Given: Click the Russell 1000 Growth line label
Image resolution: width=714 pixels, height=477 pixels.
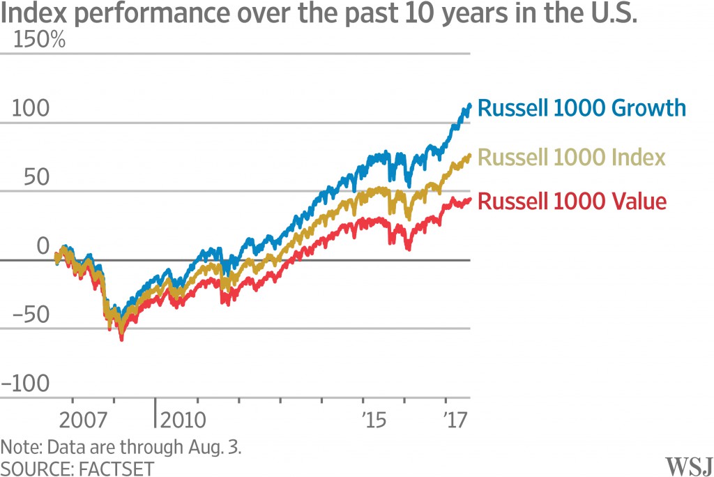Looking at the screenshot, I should [x=582, y=109].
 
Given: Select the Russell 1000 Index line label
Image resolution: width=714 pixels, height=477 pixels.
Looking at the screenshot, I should [x=572, y=157].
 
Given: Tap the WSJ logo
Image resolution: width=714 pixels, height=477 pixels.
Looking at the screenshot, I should [x=686, y=464].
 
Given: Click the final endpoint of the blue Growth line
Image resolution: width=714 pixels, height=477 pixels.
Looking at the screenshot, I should [x=469, y=105].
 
